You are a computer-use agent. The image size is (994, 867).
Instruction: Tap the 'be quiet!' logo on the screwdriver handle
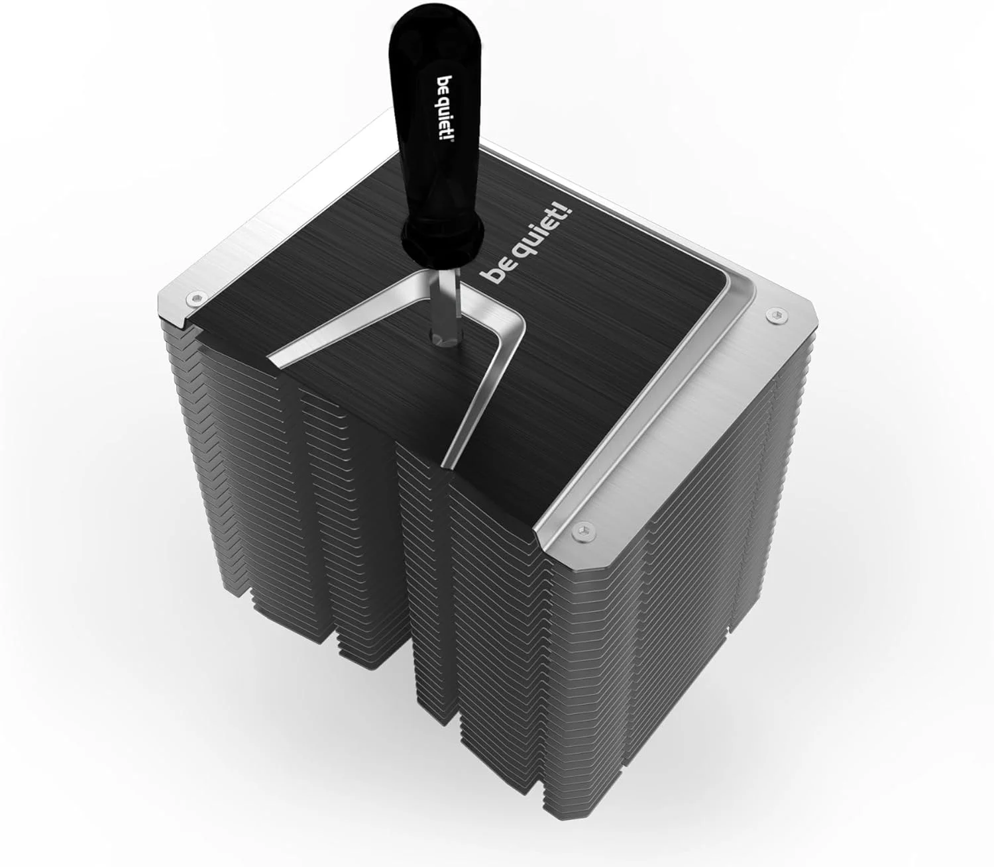tap(445, 109)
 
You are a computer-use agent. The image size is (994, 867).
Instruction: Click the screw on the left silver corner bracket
tap(195, 297)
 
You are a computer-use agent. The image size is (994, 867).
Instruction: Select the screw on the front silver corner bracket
tap(585, 529)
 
